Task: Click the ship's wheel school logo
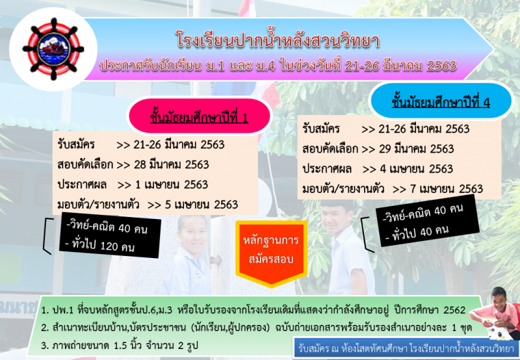pos(53,49)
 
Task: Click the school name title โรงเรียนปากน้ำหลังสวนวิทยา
pos(278,41)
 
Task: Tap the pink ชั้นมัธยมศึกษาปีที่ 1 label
pos(199,117)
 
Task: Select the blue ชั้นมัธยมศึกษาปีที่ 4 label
pos(441,102)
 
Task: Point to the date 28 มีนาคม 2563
pos(172,164)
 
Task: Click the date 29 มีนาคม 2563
pos(416,149)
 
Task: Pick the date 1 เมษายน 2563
pos(172,185)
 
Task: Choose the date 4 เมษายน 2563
pos(416,169)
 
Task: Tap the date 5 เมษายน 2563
pos(201,205)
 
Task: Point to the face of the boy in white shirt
pos(336,218)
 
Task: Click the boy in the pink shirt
pos(497,313)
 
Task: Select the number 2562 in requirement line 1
pos(454,310)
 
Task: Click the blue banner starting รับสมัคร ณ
pos(406,348)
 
